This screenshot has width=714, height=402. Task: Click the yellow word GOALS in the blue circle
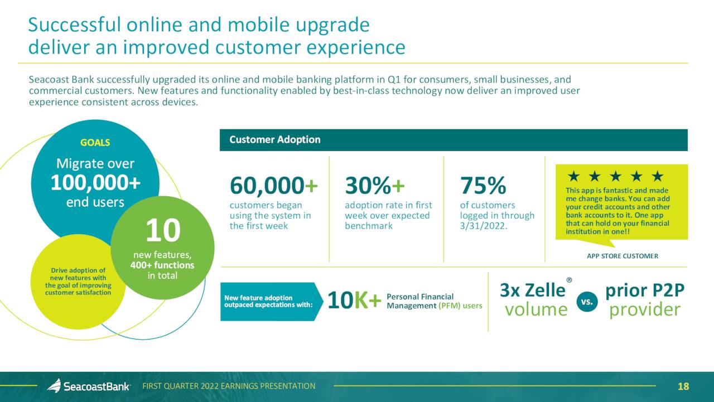coord(95,142)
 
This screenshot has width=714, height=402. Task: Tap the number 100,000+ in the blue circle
coord(95,183)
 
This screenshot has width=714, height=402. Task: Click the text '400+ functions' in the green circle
coord(162,265)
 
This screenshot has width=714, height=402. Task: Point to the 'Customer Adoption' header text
coord(275,139)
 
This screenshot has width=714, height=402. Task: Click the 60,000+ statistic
coord(273,186)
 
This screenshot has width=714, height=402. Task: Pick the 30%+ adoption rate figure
coord(374,186)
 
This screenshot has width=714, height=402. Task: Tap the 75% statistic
coord(483,186)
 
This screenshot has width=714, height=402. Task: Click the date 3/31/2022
coord(483,226)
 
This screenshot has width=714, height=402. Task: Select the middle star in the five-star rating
coord(615,176)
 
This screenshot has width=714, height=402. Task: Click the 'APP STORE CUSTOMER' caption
coord(623,256)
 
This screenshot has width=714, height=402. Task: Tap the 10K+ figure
coord(354,301)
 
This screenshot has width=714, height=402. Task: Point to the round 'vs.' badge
coord(587,301)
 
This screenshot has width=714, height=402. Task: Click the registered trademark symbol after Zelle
coord(569,280)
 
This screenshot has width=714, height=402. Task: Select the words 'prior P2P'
coord(645,290)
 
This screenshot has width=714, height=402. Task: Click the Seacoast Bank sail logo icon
coord(55,386)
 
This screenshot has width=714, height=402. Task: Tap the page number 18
coord(683,386)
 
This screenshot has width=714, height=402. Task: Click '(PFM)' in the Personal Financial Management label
coord(450,306)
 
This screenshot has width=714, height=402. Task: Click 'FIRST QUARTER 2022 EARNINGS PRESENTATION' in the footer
coord(229,386)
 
